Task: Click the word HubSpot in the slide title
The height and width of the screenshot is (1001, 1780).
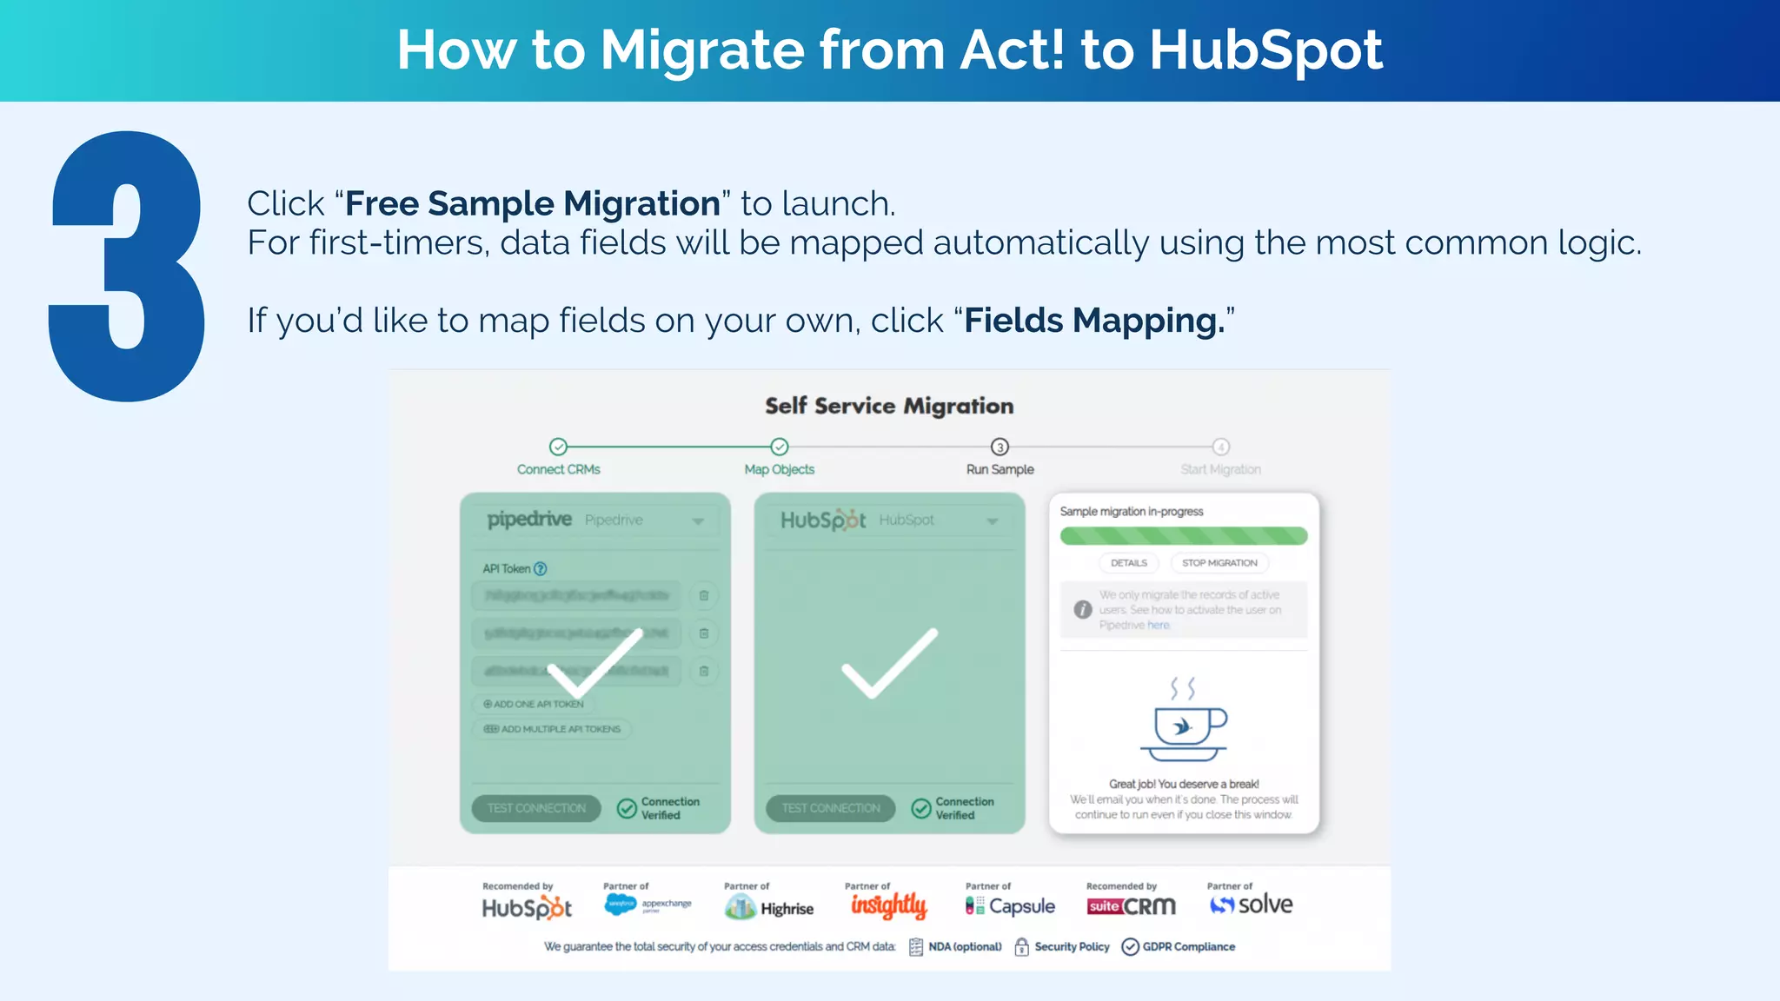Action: [x=1265, y=50]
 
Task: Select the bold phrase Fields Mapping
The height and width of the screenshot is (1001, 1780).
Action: [x=1094, y=321]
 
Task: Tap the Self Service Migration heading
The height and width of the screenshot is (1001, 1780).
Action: [x=889, y=406]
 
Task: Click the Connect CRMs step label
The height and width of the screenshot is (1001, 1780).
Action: [x=558, y=469]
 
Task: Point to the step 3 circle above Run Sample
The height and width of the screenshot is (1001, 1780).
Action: [x=1000, y=447]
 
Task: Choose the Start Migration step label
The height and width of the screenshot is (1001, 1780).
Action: [x=1220, y=469]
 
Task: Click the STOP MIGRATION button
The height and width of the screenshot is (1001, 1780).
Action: [x=1219, y=563]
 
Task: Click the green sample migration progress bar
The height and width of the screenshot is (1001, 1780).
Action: [x=1183, y=535]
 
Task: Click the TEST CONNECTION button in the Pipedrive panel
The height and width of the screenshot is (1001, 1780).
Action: [x=536, y=808]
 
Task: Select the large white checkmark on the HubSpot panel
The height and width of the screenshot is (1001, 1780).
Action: [x=889, y=663]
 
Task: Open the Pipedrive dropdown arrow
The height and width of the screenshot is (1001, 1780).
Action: [x=698, y=521]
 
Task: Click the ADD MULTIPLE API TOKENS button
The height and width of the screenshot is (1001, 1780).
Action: [x=553, y=729]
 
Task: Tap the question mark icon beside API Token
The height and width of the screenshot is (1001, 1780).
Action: [x=541, y=569]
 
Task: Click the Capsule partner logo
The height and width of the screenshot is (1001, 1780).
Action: [x=1010, y=906]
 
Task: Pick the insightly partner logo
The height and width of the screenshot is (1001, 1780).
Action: [x=888, y=905]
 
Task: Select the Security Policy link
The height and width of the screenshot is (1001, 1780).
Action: [x=1062, y=946]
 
